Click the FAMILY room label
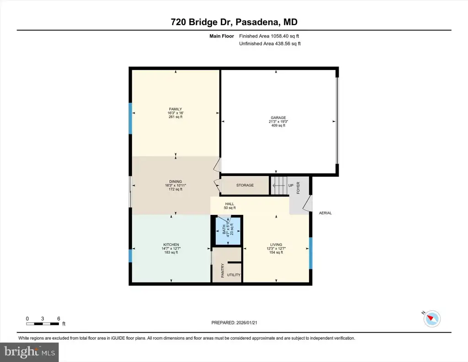[175, 109]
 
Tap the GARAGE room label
[278, 118]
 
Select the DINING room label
[175, 181]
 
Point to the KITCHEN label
[171, 245]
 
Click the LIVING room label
[276, 245]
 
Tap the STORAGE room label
[245, 185]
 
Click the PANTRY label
[223, 271]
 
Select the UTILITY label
[234, 275]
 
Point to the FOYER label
[298, 188]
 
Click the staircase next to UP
[279, 185]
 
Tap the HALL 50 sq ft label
[230, 206]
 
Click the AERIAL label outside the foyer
[325, 213]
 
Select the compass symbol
[431, 319]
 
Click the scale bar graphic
[43, 324]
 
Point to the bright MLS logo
[29, 352]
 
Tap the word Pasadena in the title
[258, 22]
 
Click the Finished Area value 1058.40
[279, 36]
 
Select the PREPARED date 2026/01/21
[246, 323]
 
